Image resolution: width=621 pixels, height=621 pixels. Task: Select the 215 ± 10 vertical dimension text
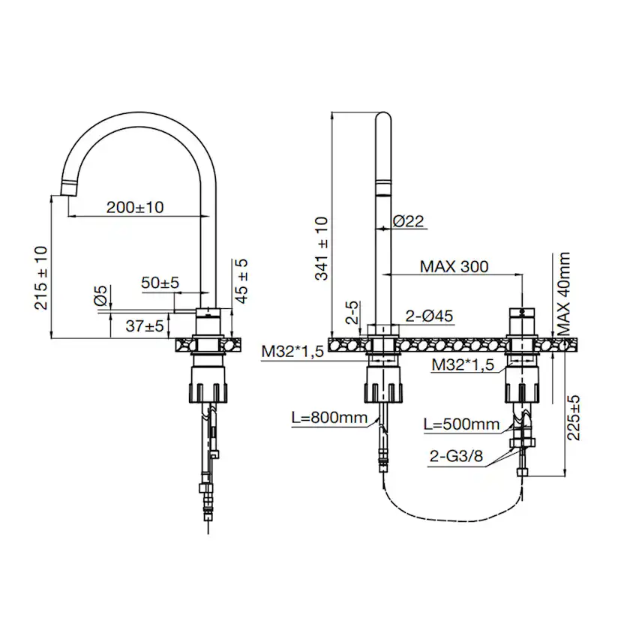pyautogui.click(x=40, y=278)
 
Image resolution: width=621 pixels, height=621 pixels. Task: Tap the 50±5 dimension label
pyautogui.click(x=160, y=283)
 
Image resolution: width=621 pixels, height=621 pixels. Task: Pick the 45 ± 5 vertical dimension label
pyautogui.click(x=241, y=280)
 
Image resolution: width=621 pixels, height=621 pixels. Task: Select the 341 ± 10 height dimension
pyautogui.click(x=321, y=247)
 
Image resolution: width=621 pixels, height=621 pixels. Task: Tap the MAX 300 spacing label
pyautogui.click(x=454, y=266)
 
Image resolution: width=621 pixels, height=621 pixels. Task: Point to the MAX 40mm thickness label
pyautogui.click(x=565, y=293)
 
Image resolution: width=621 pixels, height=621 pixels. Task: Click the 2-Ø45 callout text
pyautogui.click(x=429, y=316)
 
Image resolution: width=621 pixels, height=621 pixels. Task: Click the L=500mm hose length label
pyautogui.click(x=461, y=424)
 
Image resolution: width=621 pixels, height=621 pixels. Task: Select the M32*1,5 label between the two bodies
pyautogui.click(x=463, y=365)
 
